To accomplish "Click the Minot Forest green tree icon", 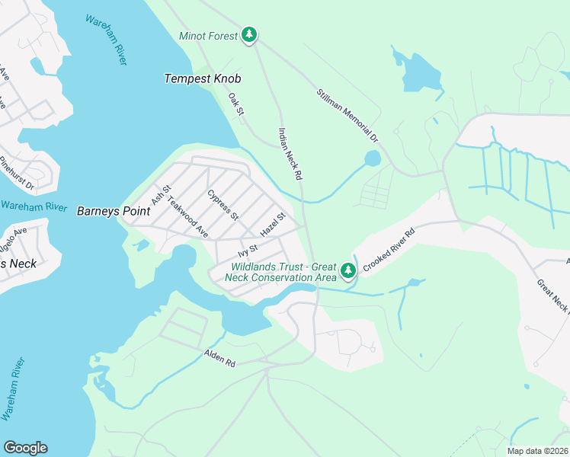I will coord(249,35).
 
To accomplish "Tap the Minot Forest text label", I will coord(207,36).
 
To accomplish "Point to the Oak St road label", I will coord(235,105).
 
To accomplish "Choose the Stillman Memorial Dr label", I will coord(347,115).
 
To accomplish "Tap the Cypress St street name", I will coord(223,203).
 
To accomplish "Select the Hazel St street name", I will coord(272,224).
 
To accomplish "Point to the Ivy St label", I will coord(248,250).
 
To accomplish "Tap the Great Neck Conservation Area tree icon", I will coord(348,270).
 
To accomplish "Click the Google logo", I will coord(25,448).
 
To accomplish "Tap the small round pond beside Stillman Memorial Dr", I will coord(372,159).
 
